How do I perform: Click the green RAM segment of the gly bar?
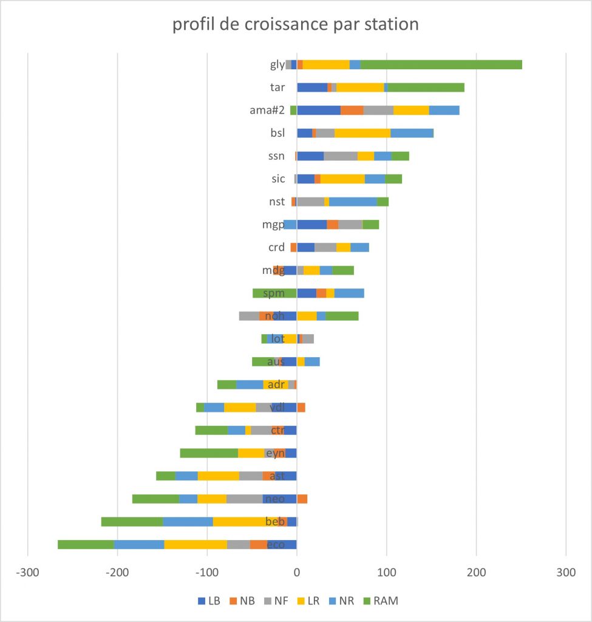(x=441, y=64)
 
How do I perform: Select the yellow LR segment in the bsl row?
(x=362, y=133)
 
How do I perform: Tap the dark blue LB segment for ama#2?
(x=319, y=110)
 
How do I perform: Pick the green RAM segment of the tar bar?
(x=426, y=87)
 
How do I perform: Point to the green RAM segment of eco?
(x=86, y=544)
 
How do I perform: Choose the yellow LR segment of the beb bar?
(x=243, y=521)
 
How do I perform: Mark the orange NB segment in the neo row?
(x=302, y=499)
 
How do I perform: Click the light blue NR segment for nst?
(x=353, y=202)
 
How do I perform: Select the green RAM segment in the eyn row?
(x=209, y=453)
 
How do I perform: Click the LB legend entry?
(x=209, y=601)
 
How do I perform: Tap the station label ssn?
(x=277, y=156)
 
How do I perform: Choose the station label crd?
(x=277, y=247)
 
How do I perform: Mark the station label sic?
(x=278, y=179)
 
